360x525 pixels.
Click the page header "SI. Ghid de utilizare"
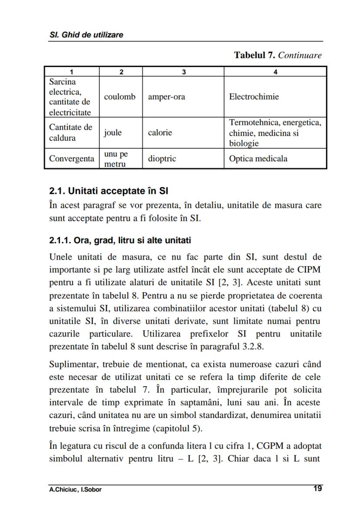pos(86,35)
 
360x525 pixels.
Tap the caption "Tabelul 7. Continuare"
pos(278,55)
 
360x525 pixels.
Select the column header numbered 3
pos(183,72)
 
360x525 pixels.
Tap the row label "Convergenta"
pos(71,159)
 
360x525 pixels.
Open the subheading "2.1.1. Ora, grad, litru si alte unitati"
pos(120,241)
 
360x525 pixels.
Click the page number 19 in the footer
pos(317,488)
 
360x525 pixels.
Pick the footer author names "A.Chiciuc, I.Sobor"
pos(75,490)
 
